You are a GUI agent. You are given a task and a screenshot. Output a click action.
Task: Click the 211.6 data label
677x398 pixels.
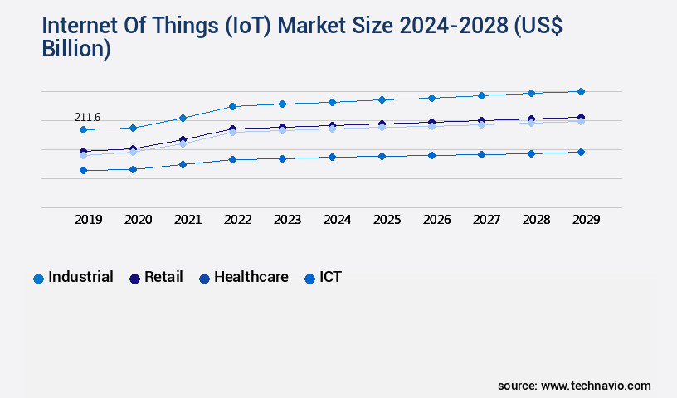click(x=87, y=118)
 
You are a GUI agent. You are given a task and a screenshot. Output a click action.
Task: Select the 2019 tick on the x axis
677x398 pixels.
click(x=89, y=220)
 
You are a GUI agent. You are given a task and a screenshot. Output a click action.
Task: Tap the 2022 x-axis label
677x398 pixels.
click(x=238, y=220)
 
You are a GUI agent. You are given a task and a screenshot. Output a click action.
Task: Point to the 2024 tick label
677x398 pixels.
click(x=338, y=220)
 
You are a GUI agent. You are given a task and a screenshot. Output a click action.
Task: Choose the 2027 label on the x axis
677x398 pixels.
click(x=487, y=220)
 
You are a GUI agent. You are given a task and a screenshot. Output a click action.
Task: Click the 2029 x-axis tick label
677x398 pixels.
click(x=586, y=220)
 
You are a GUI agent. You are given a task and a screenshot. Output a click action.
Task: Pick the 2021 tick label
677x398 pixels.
click(x=188, y=220)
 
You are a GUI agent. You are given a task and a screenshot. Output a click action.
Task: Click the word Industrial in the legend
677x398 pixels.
click(x=80, y=277)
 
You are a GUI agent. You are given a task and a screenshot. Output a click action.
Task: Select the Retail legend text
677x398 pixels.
click(x=163, y=277)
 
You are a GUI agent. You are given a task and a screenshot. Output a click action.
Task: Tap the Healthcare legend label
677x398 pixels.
click(x=251, y=277)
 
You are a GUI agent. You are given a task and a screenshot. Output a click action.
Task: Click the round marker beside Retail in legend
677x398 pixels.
click(x=134, y=279)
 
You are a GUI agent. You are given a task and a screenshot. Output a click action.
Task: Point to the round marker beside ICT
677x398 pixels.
click(x=310, y=279)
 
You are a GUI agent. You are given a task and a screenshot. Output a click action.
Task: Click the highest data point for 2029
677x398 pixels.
click(x=581, y=91)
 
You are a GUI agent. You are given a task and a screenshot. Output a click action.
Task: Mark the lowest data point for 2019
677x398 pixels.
click(x=83, y=171)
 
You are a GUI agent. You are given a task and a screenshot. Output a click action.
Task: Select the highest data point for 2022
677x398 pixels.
click(x=232, y=106)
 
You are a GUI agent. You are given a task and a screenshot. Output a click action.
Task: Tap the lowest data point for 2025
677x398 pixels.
click(x=382, y=156)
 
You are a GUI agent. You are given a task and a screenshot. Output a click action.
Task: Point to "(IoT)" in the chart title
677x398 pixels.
click(x=248, y=26)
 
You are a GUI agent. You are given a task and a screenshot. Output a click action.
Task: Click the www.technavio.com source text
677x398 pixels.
click(x=596, y=386)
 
